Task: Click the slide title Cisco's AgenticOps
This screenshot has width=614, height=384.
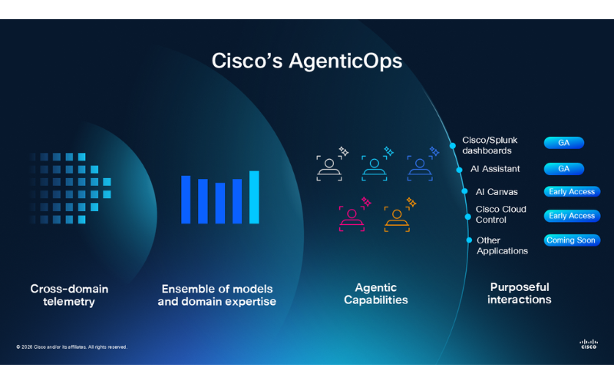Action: click(306, 61)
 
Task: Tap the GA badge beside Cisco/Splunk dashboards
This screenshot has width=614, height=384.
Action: click(563, 143)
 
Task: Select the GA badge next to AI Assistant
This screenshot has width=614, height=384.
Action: click(563, 169)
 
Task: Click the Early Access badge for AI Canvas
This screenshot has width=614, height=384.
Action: click(572, 191)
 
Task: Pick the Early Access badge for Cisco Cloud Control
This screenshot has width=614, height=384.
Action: click(572, 216)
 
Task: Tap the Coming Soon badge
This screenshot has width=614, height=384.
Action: click(572, 240)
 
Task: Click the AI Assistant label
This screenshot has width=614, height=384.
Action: click(495, 169)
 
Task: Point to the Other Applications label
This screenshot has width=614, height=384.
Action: click(502, 246)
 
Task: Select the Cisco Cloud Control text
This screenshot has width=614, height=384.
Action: click(501, 214)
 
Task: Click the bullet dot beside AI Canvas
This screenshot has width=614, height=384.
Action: click(464, 191)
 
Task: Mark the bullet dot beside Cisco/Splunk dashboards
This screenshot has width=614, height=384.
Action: click(453, 146)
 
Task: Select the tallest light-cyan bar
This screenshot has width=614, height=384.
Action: click(254, 197)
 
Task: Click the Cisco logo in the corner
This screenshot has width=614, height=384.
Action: click(589, 344)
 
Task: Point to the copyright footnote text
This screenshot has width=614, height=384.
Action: click(71, 347)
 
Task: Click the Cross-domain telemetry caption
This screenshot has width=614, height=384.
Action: click(69, 295)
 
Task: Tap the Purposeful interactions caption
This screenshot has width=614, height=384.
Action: click(520, 293)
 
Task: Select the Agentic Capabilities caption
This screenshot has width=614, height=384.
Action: click(376, 294)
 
